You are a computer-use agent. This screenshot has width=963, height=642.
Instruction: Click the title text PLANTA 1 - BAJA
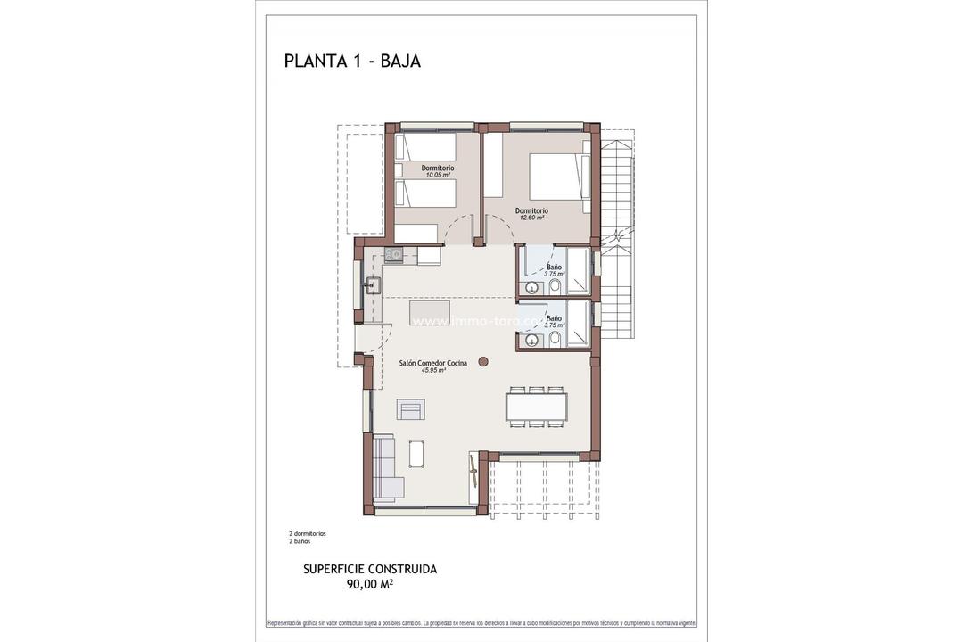(x=352, y=61)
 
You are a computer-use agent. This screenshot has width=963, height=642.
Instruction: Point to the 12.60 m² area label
(x=531, y=218)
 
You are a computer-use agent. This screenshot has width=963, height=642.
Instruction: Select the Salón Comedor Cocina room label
(x=433, y=363)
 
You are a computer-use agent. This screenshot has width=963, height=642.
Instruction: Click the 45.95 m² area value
(x=433, y=370)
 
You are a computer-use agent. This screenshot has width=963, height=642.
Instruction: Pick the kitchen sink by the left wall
(x=373, y=286)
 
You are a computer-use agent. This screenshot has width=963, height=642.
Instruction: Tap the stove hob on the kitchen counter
(x=395, y=256)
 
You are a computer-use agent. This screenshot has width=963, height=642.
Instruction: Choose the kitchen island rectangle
(x=429, y=312)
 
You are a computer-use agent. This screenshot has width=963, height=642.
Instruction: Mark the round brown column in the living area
(x=483, y=361)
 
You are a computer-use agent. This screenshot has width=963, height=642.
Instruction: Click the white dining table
(x=537, y=407)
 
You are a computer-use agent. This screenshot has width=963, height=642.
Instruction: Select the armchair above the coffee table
(x=411, y=409)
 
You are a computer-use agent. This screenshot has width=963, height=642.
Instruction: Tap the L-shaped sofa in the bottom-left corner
(x=385, y=468)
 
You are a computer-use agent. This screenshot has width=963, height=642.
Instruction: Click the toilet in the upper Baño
(x=555, y=286)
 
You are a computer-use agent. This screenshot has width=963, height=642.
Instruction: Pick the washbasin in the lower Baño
(x=532, y=340)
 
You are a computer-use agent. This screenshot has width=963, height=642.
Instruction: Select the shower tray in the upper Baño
(x=578, y=271)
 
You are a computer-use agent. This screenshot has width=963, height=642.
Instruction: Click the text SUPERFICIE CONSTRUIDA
(x=370, y=569)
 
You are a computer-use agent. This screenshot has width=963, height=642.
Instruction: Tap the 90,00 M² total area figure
(x=370, y=585)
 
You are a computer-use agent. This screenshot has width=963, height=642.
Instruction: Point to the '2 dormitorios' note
(x=308, y=533)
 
